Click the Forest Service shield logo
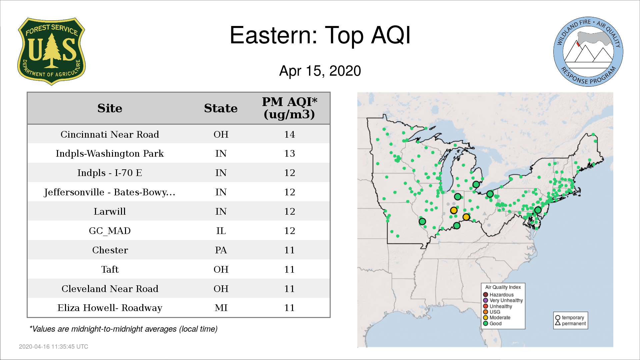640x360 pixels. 51,51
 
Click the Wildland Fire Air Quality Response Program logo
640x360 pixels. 588,52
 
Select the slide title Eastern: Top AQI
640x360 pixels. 320,35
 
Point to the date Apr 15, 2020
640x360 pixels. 320,71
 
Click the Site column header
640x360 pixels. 110,108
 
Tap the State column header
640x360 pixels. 221,108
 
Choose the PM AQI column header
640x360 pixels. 289,108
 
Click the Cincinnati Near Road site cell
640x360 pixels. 110,134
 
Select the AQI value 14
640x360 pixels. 289,134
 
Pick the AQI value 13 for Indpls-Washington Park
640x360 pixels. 289,153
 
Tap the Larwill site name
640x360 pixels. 110,211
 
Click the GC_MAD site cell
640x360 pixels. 110,231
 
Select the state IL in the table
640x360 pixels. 221,231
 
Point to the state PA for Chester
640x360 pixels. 221,250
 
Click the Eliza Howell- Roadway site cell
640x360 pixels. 110,308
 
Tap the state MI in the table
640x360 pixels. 221,308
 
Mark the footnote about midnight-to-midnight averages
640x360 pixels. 123,329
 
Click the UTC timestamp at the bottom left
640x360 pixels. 54,347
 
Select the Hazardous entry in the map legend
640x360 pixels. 498,295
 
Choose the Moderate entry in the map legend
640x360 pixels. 497,318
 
